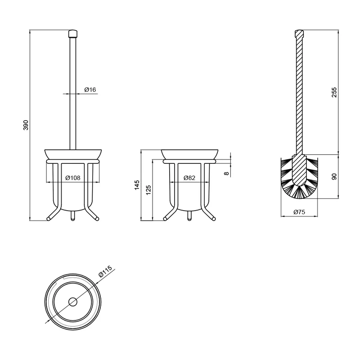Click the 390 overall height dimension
coord(26,125)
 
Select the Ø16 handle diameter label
coord(90,90)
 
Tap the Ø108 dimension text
coord(73,178)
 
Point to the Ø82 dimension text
coord(189,178)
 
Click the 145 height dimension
coord(137,185)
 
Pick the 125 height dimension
coord(148,190)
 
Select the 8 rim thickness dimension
coord(227,173)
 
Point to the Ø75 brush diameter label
coord(299,212)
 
